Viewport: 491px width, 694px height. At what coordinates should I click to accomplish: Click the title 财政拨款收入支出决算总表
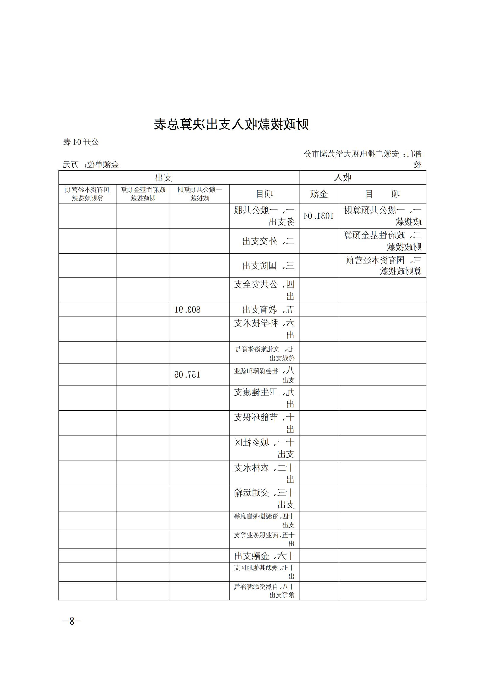[231, 124]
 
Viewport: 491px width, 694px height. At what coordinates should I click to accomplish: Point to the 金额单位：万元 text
[91, 165]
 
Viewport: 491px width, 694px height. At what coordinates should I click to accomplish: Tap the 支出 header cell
[164, 177]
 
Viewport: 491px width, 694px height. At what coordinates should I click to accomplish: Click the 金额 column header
[319, 194]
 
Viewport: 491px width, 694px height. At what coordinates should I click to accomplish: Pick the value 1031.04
[319, 216]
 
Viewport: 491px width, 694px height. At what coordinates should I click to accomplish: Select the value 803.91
[188, 309]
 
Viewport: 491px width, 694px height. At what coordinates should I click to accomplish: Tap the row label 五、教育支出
[264, 309]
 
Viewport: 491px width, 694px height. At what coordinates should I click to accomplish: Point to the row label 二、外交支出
[264, 241]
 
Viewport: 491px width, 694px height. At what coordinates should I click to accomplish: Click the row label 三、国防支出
[264, 266]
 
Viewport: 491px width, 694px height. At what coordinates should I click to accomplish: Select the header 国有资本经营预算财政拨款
[87, 194]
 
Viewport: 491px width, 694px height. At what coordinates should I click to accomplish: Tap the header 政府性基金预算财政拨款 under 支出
[143, 194]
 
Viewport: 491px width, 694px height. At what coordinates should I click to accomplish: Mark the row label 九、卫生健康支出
[264, 398]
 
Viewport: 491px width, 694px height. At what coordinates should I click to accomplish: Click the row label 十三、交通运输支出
[264, 498]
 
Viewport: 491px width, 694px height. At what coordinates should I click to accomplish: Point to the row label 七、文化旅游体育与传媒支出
[264, 353]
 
